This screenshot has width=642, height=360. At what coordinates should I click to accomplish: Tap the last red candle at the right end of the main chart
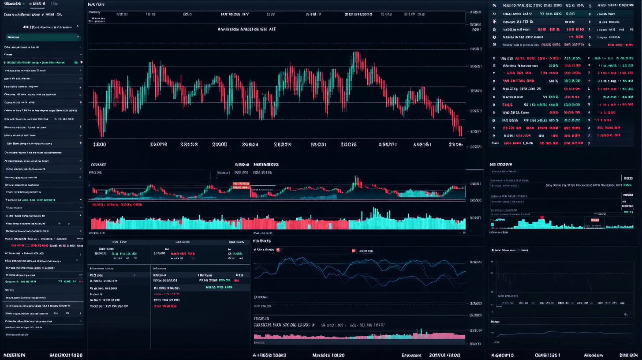[460, 132]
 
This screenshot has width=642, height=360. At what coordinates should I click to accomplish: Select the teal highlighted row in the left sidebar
[43, 37]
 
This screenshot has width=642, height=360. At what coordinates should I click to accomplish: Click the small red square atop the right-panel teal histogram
[541, 217]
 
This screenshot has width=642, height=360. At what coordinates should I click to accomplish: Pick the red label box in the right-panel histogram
[596, 219]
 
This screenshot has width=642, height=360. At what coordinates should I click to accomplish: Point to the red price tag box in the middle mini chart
[241, 184]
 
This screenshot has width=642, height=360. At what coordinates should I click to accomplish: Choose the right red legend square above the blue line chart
[354, 251]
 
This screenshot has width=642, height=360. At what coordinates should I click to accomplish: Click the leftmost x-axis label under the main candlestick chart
[100, 144]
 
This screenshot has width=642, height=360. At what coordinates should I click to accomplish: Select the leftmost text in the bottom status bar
[15, 355]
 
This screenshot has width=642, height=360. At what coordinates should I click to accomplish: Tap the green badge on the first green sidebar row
[76, 63]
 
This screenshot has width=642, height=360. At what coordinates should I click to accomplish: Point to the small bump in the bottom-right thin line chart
[548, 332]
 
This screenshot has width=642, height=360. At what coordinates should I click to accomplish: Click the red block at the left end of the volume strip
[98, 224]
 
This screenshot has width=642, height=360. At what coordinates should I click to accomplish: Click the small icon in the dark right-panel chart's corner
[626, 314]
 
